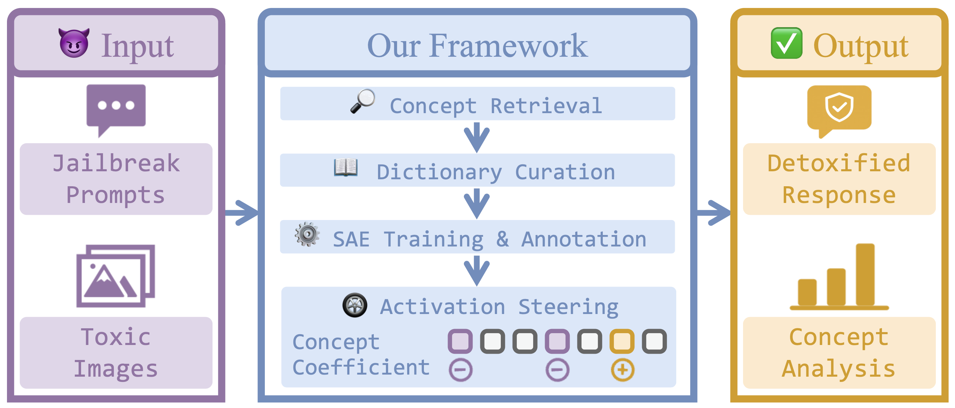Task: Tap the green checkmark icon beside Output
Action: pyautogui.click(x=787, y=43)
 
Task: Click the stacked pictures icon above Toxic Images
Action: pyautogui.click(x=116, y=276)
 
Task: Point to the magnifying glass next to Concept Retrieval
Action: pyautogui.click(x=363, y=101)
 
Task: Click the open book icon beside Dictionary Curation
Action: pyautogui.click(x=346, y=168)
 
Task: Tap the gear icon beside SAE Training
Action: pyautogui.click(x=307, y=234)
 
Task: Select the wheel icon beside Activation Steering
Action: pyautogui.click(x=355, y=305)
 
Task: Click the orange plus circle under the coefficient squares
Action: pyautogui.click(x=622, y=370)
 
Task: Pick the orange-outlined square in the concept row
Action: pyautogui.click(x=622, y=341)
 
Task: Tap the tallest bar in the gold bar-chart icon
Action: pyautogui.click(x=865, y=274)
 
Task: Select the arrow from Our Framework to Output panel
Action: pyautogui.click(x=714, y=213)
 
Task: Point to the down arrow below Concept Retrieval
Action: pyautogui.click(x=477, y=137)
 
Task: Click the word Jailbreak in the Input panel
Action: pyautogui.click(x=116, y=163)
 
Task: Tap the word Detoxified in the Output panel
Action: pyautogui.click(x=839, y=163)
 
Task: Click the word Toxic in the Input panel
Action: pyautogui.click(x=116, y=337)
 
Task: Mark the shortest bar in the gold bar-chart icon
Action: pyautogui.click(x=807, y=292)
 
